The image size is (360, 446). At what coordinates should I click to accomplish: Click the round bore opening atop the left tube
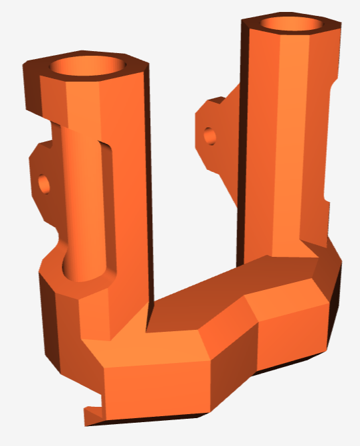click(87, 66)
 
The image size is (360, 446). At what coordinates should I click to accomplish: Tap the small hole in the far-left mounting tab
click(44, 181)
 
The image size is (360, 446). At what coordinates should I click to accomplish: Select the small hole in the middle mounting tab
click(209, 135)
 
